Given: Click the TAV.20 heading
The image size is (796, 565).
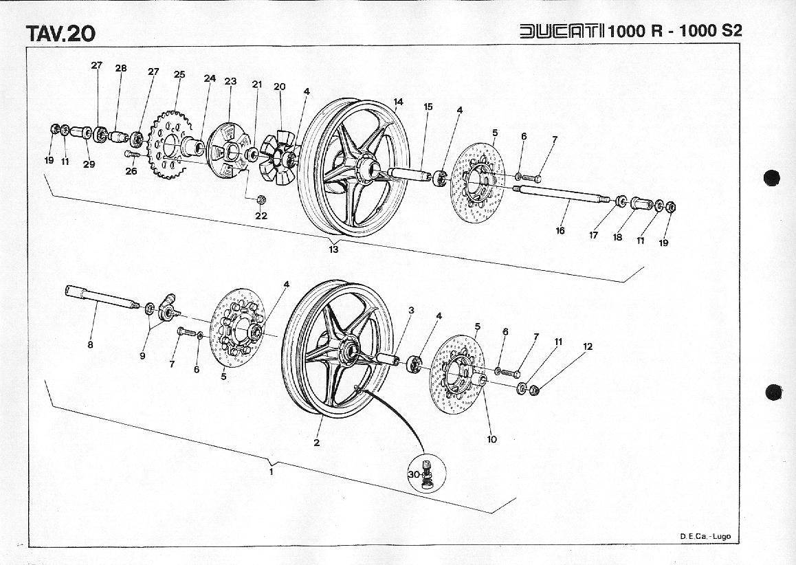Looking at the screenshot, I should pyautogui.click(x=60, y=33).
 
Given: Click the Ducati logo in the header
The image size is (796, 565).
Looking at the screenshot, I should pyautogui.click(x=562, y=31).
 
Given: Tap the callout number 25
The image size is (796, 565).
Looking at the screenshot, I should pyautogui.click(x=179, y=74).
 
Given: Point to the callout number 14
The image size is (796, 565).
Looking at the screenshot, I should pyautogui.click(x=398, y=102).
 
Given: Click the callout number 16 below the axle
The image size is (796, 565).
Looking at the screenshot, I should pyautogui.click(x=560, y=231).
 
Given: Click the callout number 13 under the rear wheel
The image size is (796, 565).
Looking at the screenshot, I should pyautogui.click(x=333, y=250).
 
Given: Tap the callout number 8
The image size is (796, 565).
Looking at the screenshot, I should pyautogui.click(x=90, y=345).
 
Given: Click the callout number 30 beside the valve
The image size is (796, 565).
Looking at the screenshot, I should pyautogui.click(x=413, y=474).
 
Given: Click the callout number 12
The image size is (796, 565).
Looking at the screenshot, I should pyautogui.click(x=588, y=346).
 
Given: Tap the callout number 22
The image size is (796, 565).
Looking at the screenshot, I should pyautogui.click(x=261, y=216).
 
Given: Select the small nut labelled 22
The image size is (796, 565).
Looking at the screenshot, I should pyautogui.click(x=261, y=199).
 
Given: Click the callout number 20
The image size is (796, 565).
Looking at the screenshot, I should pyautogui.click(x=279, y=87).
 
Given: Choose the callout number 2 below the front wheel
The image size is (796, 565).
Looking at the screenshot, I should pyautogui.click(x=317, y=443).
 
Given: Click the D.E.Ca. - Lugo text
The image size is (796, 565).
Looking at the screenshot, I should pyautogui.click(x=705, y=536).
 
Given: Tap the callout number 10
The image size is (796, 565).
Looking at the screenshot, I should pyautogui.click(x=491, y=439).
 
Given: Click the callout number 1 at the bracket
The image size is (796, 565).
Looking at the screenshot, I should pyautogui.click(x=272, y=472).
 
